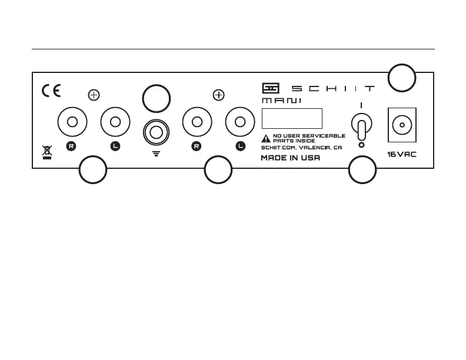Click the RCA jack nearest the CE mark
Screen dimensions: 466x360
coord(72,122)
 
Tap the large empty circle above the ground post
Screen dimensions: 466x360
coord(157,98)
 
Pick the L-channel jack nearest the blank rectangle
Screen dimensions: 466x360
coord(240,122)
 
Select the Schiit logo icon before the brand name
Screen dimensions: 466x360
coord(270,88)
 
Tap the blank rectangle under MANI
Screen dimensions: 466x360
coord(292,118)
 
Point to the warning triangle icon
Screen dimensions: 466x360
coord(266,139)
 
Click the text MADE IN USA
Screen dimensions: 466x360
coord(290,158)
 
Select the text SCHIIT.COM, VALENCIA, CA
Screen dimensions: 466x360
coord(301,148)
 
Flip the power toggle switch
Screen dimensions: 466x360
coord(361,125)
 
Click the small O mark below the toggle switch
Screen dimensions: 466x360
coord(361,144)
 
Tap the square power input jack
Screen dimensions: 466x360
coord(402,125)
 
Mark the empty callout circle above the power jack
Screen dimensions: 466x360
coord(402,78)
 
